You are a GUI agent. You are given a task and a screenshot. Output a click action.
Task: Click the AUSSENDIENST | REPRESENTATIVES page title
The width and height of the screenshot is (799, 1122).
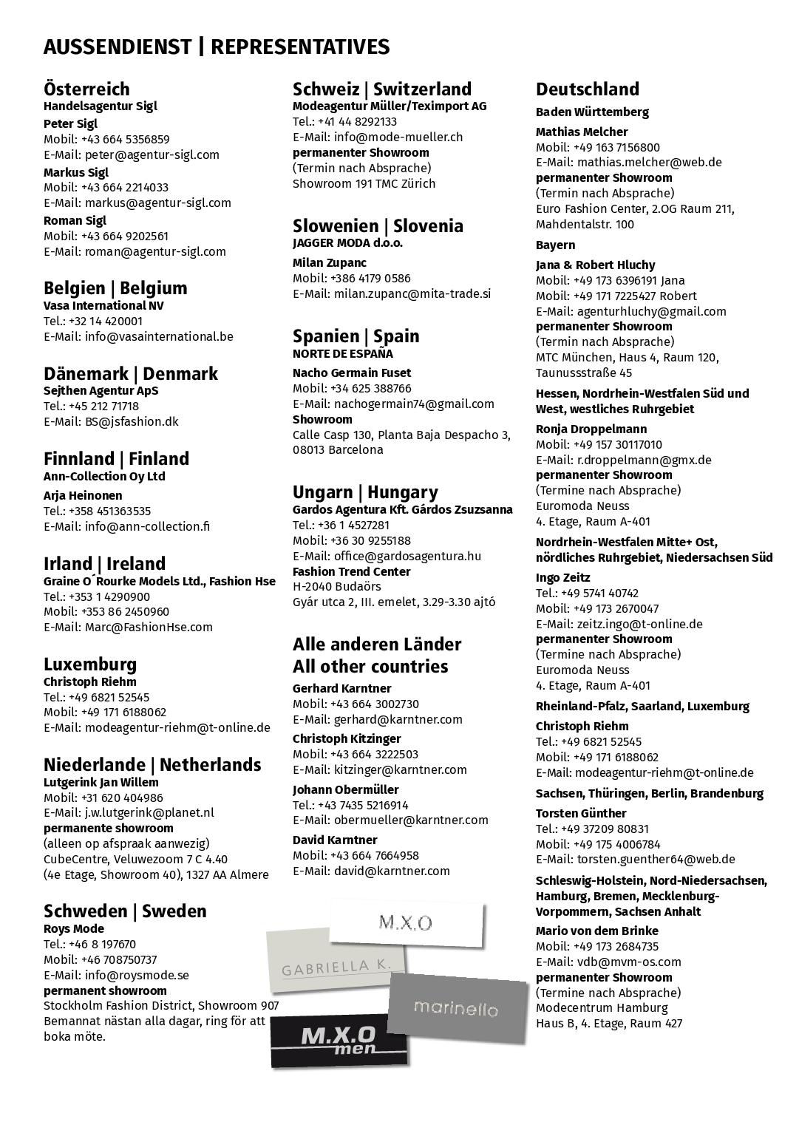[x=216, y=47]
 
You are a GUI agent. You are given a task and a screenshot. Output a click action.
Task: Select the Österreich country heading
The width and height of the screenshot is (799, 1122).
[x=86, y=89]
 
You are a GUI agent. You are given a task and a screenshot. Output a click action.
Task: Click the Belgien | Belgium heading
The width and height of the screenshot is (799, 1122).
[x=115, y=288]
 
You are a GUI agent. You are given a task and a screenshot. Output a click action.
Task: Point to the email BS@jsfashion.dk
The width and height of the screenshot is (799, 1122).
[x=131, y=421]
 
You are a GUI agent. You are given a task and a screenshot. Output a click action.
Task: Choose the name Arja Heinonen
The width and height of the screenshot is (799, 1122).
[x=83, y=495]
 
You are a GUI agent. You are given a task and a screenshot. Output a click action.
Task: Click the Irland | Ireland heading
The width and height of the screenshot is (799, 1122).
[x=104, y=563]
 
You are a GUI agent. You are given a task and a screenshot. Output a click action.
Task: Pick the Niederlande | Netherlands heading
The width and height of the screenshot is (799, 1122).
[x=152, y=764]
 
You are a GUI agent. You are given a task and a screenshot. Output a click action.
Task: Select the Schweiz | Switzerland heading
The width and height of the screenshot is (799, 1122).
[x=381, y=89]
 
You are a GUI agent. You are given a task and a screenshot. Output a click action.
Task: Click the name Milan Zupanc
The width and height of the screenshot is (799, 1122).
[x=330, y=262]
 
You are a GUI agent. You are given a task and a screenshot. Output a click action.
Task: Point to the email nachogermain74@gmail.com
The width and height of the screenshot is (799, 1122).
[x=414, y=404]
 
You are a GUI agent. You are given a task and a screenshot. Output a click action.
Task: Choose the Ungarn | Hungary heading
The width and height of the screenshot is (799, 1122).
[x=365, y=492]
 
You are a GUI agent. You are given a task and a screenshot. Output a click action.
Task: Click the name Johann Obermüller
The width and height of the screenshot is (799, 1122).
[x=345, y=789]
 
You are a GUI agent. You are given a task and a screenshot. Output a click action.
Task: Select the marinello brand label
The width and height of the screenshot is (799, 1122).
[x=457, y=1008]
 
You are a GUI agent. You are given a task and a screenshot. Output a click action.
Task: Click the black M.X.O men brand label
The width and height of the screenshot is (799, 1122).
[x=338, y=1041]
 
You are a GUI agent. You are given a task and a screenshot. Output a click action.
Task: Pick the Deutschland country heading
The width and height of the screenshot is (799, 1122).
[x=587, y=89]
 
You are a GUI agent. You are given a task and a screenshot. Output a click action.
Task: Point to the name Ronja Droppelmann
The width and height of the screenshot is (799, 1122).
[x=591, y=429]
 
